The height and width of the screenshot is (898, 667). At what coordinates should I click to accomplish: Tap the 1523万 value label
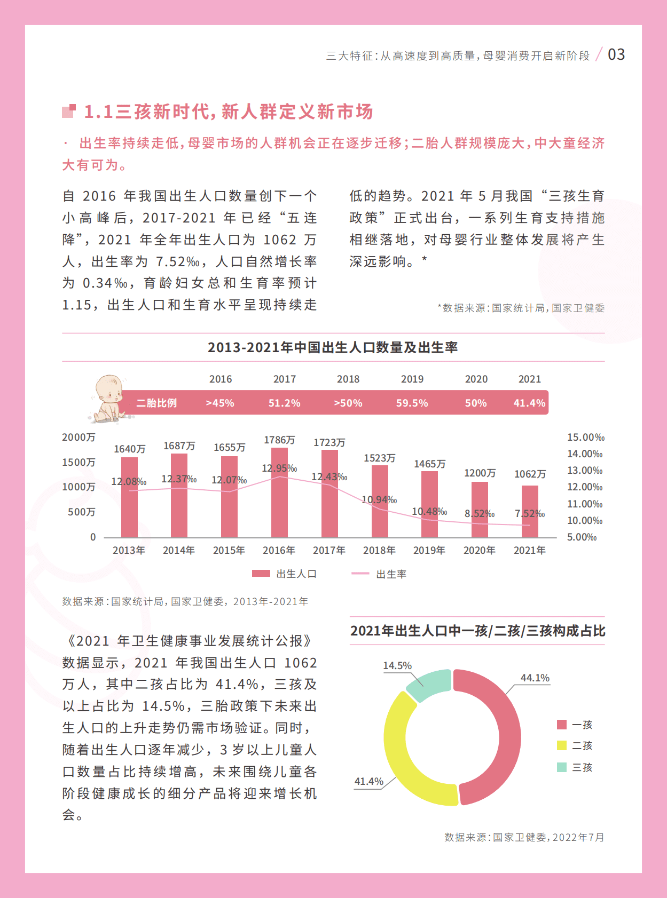pyautogui.click(x=379, y=458)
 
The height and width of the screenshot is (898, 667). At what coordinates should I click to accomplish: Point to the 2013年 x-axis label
pyautogui.click(x=129, y=550)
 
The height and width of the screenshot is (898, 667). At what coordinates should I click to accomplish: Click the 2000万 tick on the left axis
pyautogui.click(x=79, y=438)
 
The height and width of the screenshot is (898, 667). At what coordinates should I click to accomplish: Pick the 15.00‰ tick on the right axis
pyautogui.click(x=585, y=438)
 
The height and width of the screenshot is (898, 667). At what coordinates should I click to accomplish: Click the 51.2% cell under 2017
pyautogui.click(x=284, y=403)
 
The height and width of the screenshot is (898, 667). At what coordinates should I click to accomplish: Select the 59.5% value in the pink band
pyautogui.click(x=412, y=403)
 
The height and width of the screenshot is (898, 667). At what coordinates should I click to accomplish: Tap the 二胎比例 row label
pyautogui.click(x=156, y=403)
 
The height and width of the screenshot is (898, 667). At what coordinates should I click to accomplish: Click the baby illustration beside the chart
pyautogui.click(x=108, y=398)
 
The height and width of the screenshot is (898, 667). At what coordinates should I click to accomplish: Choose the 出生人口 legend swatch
pyautogui.click(x=261, y=574)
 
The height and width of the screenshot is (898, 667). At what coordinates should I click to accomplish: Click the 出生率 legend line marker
pyautogui.click(x=360, y=574)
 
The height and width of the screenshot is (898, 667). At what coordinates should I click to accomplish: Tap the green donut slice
pyautogui.click(x=429, y=683)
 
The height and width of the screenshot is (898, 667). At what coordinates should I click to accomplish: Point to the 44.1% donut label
pyautogui.click(x=535, y=678)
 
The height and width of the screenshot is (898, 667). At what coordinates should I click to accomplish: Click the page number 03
pyautogui.click(x=616, y=54)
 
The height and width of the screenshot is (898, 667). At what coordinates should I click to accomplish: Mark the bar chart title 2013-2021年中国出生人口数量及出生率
pyautogui.click(x=332, y=347)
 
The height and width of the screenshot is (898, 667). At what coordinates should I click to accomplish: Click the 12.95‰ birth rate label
pyautogui.click(x=279, y=468)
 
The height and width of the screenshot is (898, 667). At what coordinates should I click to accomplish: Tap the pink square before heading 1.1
pyautogui.click(x=69, y=111)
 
